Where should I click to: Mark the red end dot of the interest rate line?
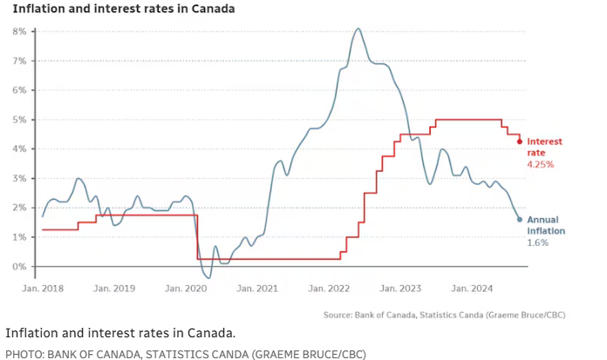coord(520,141)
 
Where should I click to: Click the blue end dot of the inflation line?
coord(520,220)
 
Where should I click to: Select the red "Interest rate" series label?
coord(545,146)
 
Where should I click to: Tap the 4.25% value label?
coord(541,164)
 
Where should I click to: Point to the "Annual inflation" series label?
coord(547,225)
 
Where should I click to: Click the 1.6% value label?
coord(537,242)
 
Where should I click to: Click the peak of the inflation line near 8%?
coord(358,29)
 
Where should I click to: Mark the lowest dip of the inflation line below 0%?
coord(208,277)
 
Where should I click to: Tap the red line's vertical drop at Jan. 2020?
coord(197,235)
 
